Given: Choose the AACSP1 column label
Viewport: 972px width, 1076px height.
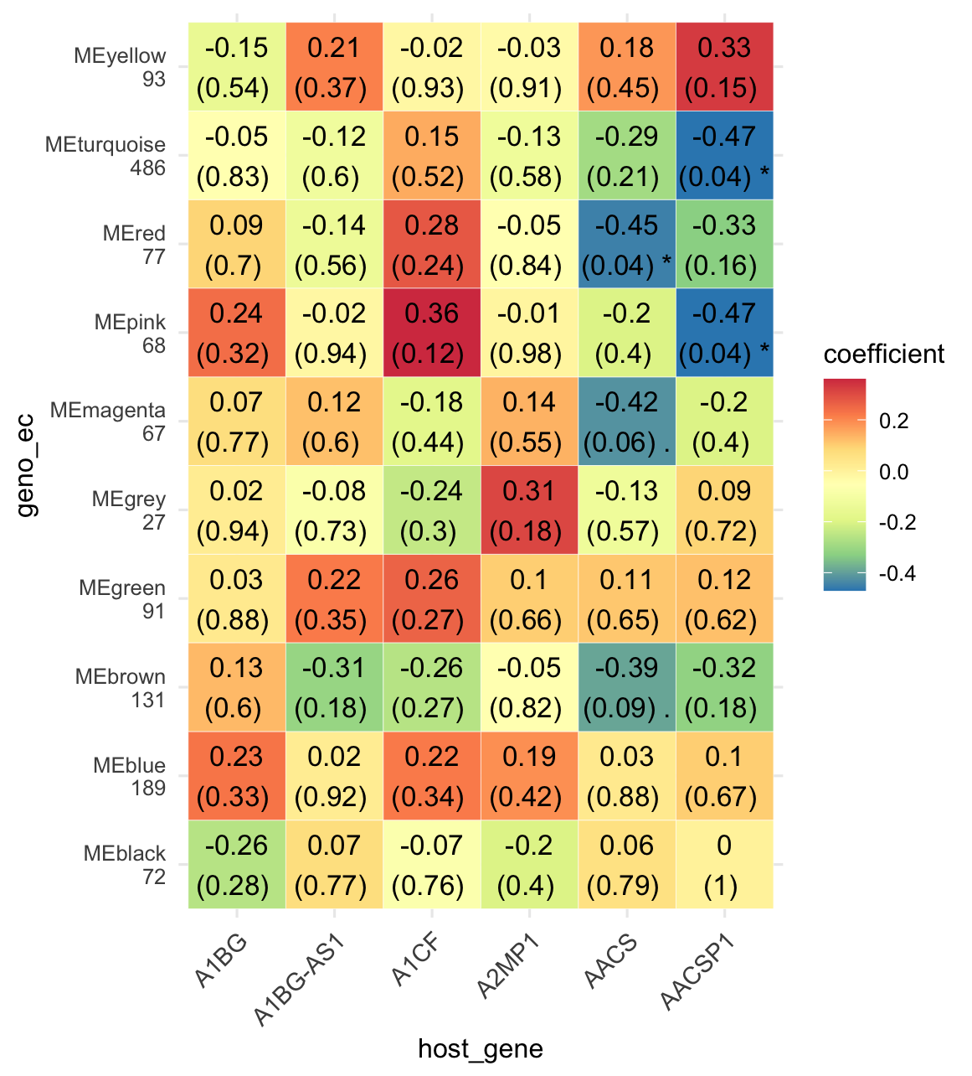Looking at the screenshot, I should point(697,972).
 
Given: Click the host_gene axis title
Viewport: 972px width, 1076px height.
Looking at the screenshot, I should point(481,1048).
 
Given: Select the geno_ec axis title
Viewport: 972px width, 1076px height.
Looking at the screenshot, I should point(27,466).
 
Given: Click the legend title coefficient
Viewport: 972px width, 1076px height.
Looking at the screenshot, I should point(884,354).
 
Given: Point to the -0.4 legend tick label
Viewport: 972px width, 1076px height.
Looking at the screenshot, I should point(897,574).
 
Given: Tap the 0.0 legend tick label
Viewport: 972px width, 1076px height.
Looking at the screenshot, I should point(893,473).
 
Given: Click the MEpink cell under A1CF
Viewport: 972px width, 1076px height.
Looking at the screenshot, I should point(432,333).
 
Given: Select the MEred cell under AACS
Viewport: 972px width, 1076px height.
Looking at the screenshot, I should point(626,245).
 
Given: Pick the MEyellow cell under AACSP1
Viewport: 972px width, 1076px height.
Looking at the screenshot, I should point(724,67).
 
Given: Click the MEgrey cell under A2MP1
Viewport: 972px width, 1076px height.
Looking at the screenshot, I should point(529,510).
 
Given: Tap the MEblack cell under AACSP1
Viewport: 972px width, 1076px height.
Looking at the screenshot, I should point(724,865).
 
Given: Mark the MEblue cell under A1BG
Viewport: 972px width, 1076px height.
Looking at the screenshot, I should point(237,776).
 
